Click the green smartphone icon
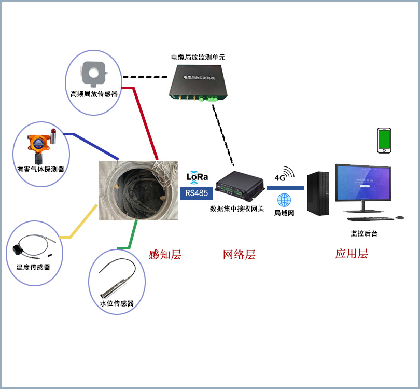click(x=384, y=140)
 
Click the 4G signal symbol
click(x=284, y=175)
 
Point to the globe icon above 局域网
click(x=284, y=200)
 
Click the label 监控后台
click(x=364, y=234)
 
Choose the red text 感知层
click(x=164, y=254)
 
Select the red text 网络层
click(x=239, y=255)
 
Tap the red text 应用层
click(x=351, y=254)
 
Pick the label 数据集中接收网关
click(x=237, y=209)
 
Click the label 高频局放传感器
click(x=94, y=94)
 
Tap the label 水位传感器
click(x=117, y=303)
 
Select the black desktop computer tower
click(x=318, y=193)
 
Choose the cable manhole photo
click(x=138, y=190)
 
